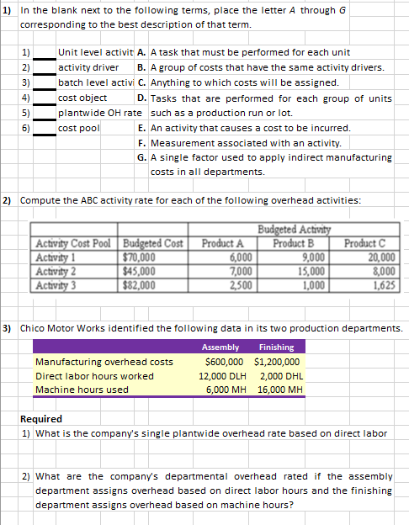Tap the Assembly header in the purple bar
point(220,347)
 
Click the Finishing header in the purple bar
point(276,347)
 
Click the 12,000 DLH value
point(221,375)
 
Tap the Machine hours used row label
point(82,390)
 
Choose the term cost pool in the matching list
point(79,128)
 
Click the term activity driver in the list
point(88,66)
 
